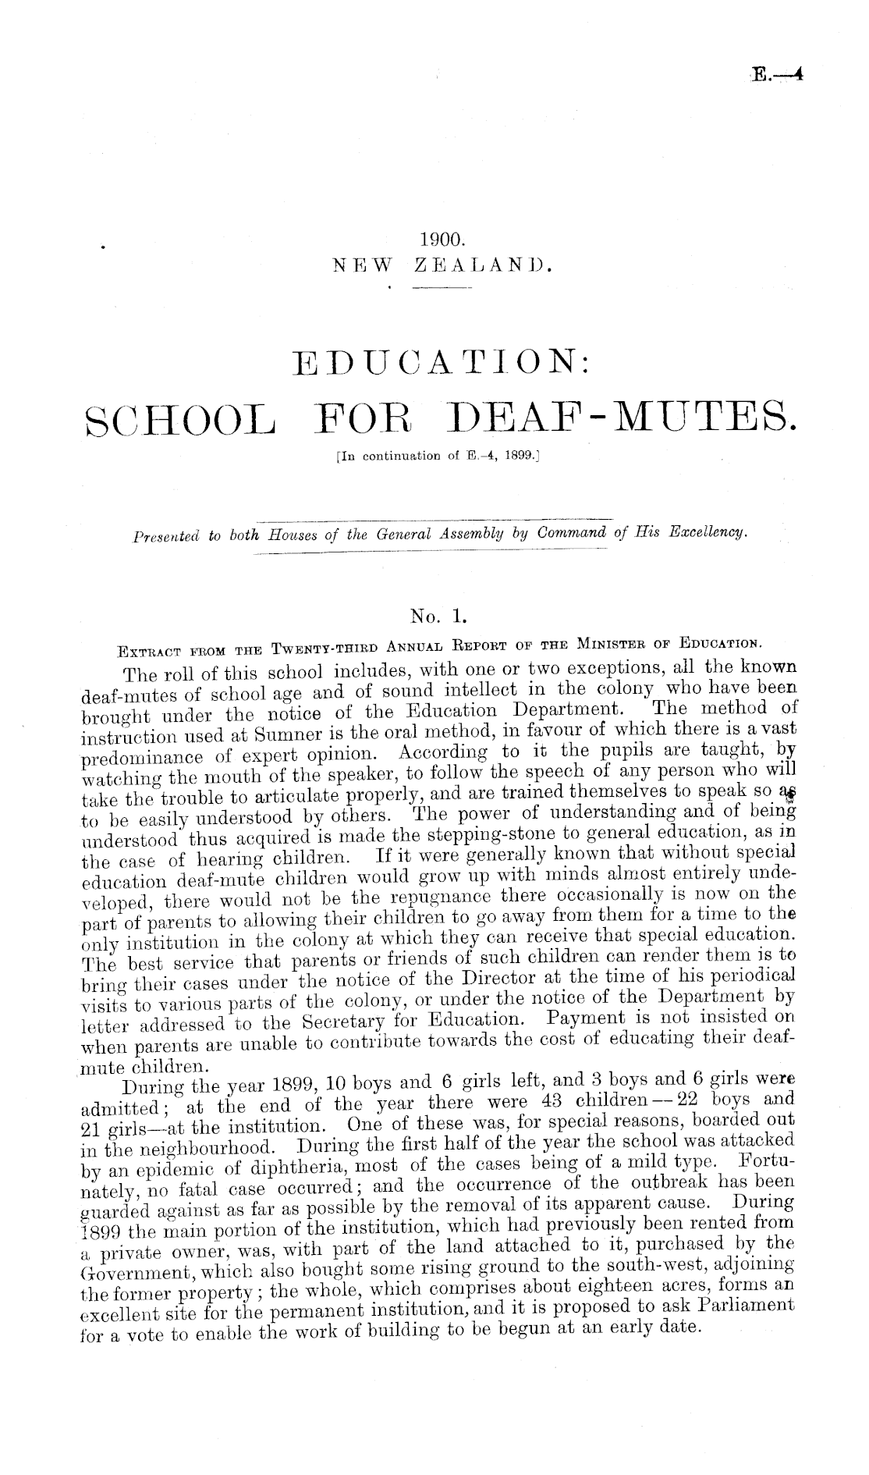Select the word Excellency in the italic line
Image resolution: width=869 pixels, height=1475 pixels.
point(709,534)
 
